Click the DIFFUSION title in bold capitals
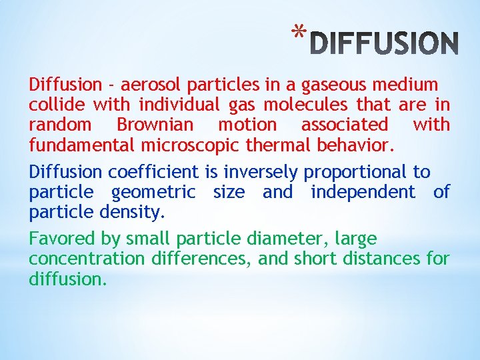(385, 43)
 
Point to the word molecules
(309, 105)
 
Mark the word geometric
(153, 192)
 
